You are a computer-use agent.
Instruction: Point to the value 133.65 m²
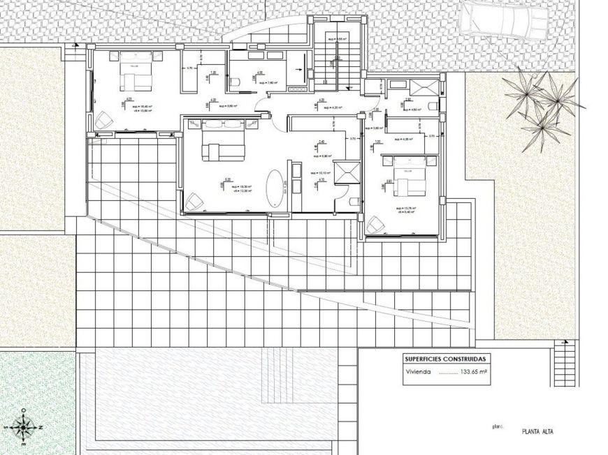pos(473,372)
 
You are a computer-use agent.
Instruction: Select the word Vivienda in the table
pos(419,372)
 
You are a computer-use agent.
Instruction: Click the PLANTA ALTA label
pos(538,431)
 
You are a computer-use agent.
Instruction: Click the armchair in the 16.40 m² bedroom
pos(103,120)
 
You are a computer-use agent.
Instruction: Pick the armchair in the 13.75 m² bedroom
pos(376,225)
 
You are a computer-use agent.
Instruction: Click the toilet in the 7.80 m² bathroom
pos(236,82)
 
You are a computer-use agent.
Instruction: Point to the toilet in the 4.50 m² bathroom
pos(434,106)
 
